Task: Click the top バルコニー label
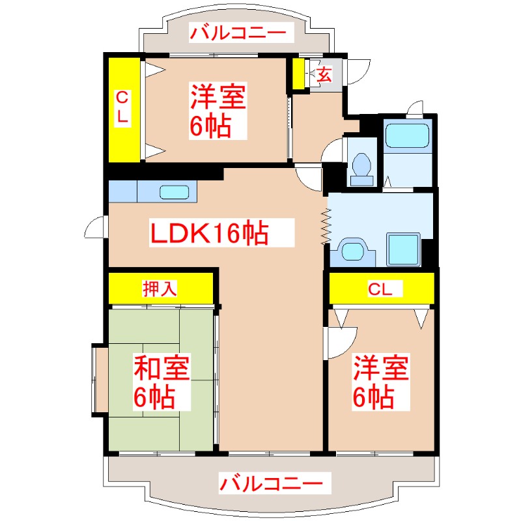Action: coord(238,32)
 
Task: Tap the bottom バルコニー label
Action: coord(270,483)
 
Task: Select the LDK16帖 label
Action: coord(210,232)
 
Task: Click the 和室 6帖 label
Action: coord(162,382)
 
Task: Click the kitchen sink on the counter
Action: coord(175,192)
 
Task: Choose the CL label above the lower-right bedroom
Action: coord(380,289)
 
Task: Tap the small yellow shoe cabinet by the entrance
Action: coord(298,74)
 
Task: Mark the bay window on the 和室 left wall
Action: coord(100,380)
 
